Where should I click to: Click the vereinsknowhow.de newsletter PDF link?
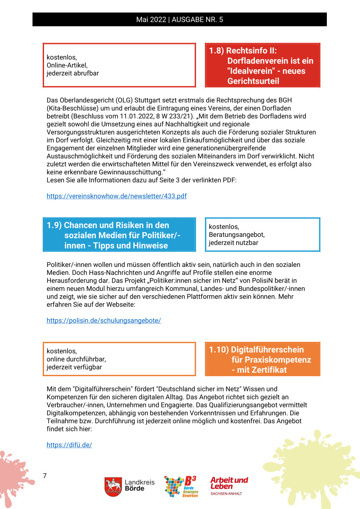click(116, 196)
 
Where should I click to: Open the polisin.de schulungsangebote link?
click(104, 320)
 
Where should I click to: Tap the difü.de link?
click(69, 445)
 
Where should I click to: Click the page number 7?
click(44, 475)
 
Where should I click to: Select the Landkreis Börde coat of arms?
click(113, 486)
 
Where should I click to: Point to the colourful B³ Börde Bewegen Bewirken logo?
click(181, 486)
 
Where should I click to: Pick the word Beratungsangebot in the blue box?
click(237, 235)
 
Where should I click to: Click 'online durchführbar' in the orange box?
click(76, 359)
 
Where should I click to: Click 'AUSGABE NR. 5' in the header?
click(197, 20)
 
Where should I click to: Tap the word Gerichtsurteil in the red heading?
click(253, 81)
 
